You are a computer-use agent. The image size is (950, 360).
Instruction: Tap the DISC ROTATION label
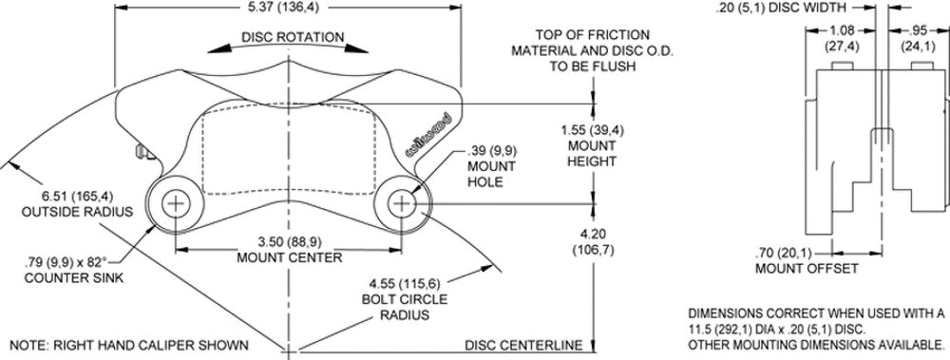293,38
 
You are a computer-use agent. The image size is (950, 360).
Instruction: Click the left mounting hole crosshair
176,204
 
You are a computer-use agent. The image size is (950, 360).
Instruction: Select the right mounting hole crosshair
402,204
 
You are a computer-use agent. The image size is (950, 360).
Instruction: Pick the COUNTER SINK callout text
73,278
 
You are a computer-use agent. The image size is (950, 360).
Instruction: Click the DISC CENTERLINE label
523,346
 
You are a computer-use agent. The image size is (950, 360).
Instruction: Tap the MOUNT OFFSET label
807,269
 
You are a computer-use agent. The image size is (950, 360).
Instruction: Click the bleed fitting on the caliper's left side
143,152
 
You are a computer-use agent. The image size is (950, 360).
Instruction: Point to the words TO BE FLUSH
593,66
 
